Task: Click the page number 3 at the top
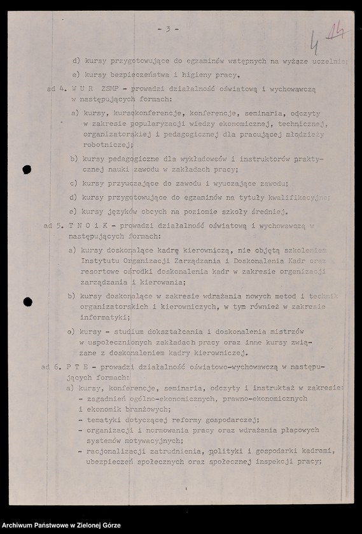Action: click(x=167, y=29)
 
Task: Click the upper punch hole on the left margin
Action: click(x=27, y=170)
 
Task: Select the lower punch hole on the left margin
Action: click(x=27, y=302)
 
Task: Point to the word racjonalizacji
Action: click(x=114, y=451)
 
